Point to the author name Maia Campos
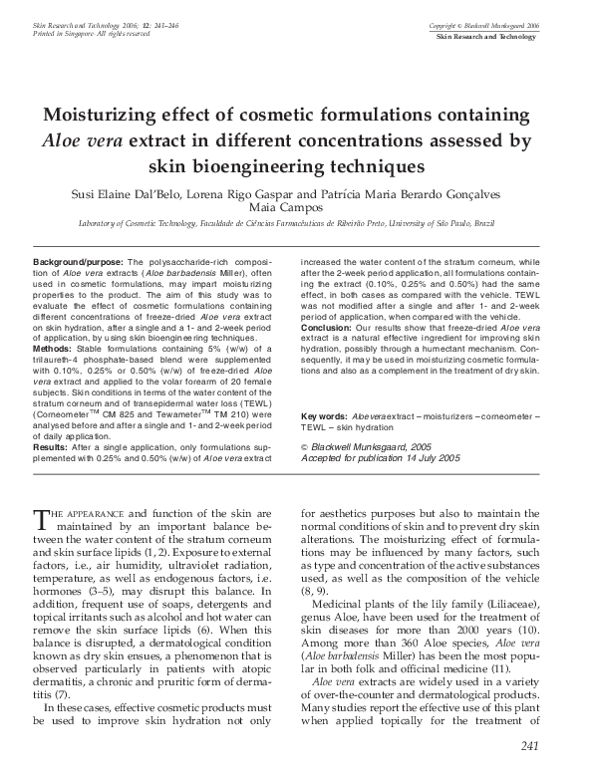pos(296,208)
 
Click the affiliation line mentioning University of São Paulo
pos(296,225)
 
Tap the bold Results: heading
pos(49,447)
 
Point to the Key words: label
pos(323,415)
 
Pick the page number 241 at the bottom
pos(529,746)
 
